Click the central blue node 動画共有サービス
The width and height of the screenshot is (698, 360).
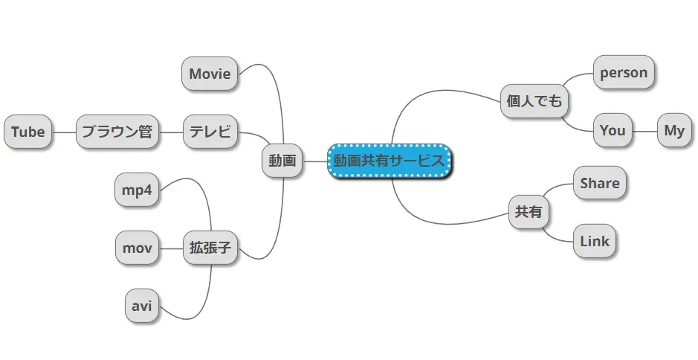coord(390,161)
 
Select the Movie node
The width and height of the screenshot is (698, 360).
coord(210,74)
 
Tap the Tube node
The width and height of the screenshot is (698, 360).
coord(28,132)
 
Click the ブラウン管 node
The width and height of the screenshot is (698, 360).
coord(117,132)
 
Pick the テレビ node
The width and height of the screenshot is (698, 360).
coord(210,132)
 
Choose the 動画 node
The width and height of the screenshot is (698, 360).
coord(282,161)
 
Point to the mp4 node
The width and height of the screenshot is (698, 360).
coord(137,190)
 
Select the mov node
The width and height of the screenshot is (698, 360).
coord(138,248)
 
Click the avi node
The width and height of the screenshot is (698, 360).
coord(141,306)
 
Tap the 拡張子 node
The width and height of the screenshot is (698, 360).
coord(210,248)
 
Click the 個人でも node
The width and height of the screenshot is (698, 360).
coord(534,101)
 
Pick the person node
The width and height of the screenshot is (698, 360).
coord(624,73)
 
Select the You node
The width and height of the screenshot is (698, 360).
coord(613,131)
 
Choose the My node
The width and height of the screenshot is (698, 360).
coord(674,131)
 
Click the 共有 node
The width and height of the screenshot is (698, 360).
coord(529,213)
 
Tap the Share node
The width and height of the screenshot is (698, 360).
coord(600,183)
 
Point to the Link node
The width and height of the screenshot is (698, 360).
coord(595,241)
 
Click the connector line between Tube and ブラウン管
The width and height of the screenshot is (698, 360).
coord(64,132)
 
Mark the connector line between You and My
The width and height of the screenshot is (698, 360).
coord(644,131)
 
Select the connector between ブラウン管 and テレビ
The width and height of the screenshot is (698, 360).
coord(172,132)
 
